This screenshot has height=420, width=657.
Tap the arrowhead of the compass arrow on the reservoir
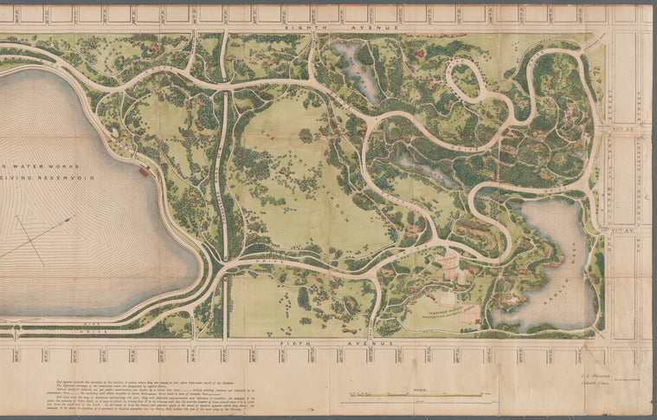(x=69, y=218)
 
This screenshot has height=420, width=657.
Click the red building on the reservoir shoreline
(x=143, y=171)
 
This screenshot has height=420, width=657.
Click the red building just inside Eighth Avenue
(x=420, y=54)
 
